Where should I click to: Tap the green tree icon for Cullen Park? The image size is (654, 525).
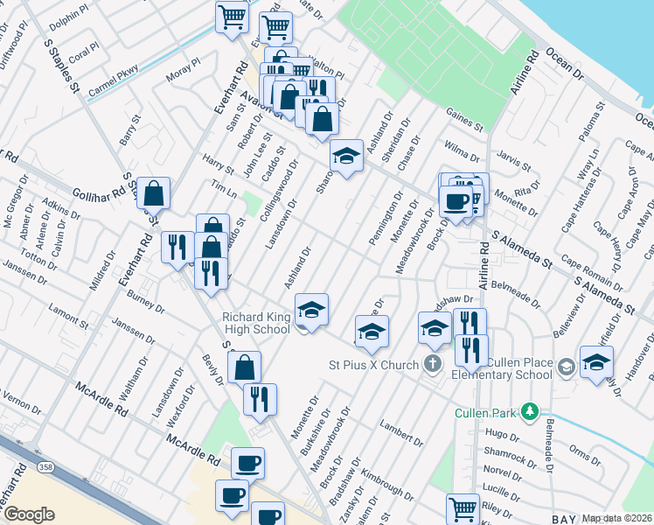(x=528, y=411)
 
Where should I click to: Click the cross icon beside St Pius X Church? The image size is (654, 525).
(x=433, y=362)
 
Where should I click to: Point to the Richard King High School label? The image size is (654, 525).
(x=255, y=323)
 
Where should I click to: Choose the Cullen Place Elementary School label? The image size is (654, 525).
(x=505, y=368)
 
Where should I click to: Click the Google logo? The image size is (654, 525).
(x=28, y=514)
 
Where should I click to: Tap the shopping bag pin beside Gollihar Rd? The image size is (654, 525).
(x=154, y=192)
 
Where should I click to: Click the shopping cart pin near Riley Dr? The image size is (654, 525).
(x=463, y=507)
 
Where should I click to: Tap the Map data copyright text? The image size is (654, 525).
(x=616, y=518)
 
